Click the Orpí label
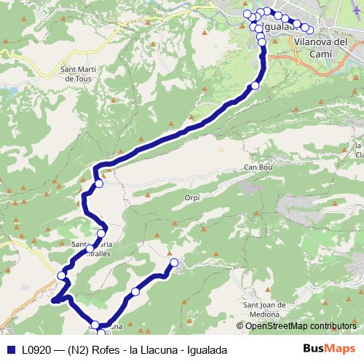(x=191, y=197)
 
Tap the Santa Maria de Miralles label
(x=92, y=248)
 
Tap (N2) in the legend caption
(x=77, y=349)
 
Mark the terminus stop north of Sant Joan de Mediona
(x=174, y=263)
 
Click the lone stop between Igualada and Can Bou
(x=255, y=87)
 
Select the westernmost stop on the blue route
(x=62, y=275)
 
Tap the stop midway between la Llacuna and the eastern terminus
(x=135, y=292)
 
